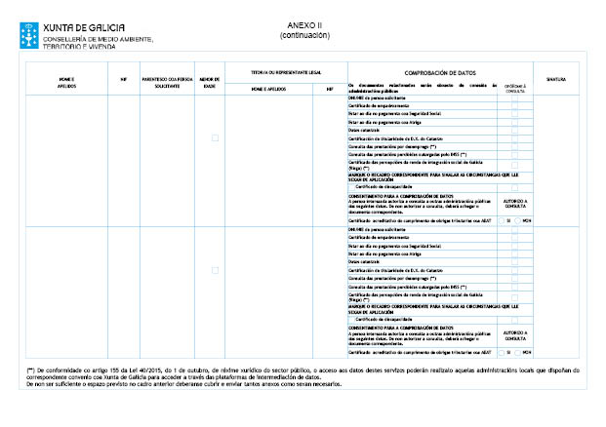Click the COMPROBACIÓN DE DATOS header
pyautogui.click(x=439, y=71)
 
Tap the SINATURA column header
pyautogui.click(x=556, y=78)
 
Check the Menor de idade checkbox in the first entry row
pyautogui.click(x=215, y=137)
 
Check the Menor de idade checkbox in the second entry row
pyautogui.click(x=215, y=269)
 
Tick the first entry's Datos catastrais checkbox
pyautogui.click(x=515, y=129)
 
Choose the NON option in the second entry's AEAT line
pyautogui.click(x=519, y=352)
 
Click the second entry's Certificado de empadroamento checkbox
pyautogui.click(x=515, y=237)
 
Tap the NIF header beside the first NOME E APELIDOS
pyautogui.click(x=123, y=78)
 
